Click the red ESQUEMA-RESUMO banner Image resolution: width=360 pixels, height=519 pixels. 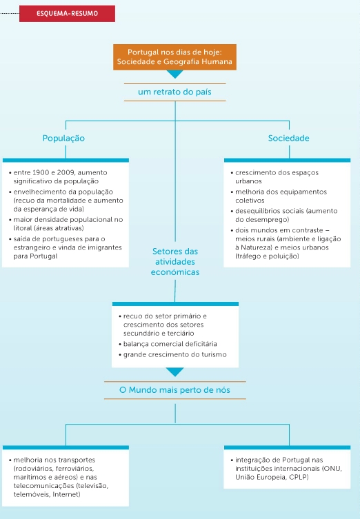67,14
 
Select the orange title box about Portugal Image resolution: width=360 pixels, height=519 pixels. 175,57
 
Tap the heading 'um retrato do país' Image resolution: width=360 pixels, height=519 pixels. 175,92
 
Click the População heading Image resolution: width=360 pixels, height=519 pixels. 63,139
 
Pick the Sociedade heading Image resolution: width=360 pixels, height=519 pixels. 289,139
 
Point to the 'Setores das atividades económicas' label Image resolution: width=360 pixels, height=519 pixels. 175,261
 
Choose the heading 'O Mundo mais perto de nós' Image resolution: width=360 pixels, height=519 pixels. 175,390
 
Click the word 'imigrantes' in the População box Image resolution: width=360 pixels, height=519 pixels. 107,247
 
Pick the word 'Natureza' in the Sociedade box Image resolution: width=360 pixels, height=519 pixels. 254,247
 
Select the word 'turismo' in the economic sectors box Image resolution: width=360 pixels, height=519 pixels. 214,354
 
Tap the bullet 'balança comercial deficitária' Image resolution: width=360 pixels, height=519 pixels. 170,344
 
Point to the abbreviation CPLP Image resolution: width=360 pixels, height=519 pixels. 298,477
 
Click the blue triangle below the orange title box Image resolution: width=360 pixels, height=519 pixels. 175,74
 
